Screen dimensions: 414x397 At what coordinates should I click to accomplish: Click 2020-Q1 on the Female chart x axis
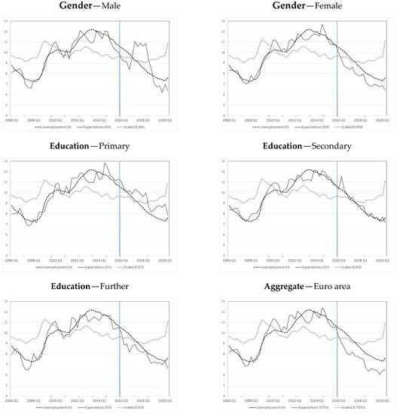point(382,120)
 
